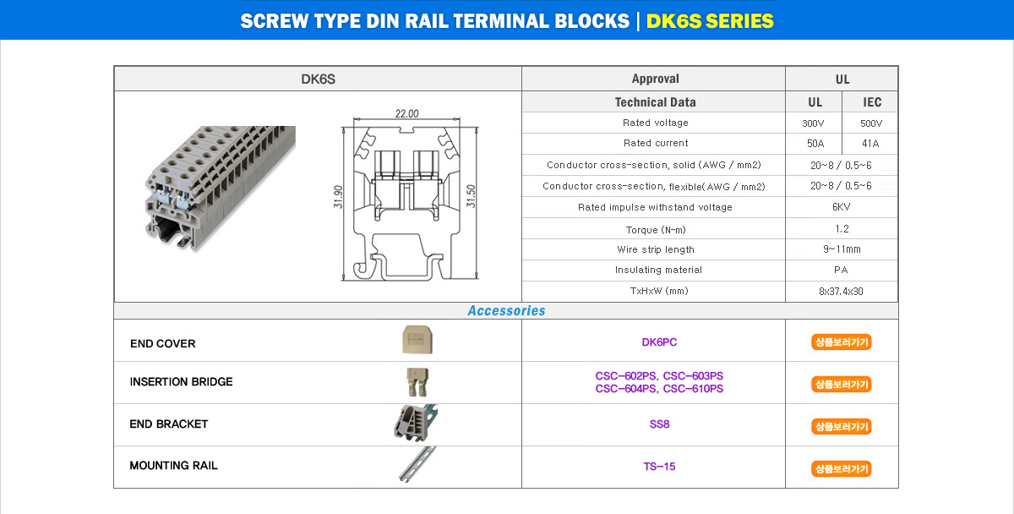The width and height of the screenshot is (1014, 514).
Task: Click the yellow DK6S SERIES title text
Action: point(710,21)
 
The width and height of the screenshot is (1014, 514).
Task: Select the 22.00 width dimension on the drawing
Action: point(406,114)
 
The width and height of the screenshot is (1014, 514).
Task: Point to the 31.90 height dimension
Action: point(338,196)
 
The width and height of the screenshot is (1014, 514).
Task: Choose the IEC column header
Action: point(872,102)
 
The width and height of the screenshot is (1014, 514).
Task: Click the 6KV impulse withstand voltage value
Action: point(841,207)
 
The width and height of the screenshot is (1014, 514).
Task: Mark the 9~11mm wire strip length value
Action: point(841,249)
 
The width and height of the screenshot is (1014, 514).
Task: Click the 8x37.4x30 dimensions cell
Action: point(841,292)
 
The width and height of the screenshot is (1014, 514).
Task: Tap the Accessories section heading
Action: point(506,311)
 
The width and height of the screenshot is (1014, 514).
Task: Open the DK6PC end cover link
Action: point(659,342)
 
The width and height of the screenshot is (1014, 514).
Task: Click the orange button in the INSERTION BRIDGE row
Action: point(841,385)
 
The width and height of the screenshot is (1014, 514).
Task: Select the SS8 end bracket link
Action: point(659,424)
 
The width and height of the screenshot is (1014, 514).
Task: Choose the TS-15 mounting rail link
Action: point(659,467)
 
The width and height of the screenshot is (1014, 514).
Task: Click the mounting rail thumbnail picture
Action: point(417,464)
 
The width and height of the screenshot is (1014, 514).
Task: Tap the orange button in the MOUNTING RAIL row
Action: point(841,468)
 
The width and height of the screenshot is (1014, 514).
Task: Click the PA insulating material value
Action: point(841,271)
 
